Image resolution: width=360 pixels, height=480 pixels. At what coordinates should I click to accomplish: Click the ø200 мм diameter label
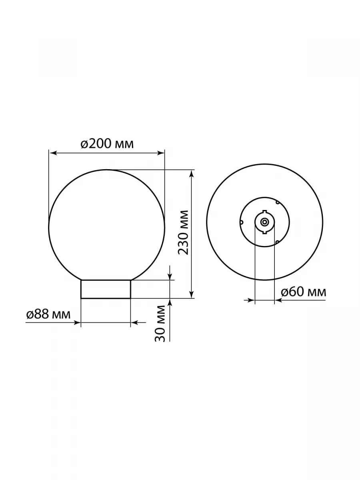point(107,144)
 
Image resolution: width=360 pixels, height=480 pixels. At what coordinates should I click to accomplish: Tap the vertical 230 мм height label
point(183,232)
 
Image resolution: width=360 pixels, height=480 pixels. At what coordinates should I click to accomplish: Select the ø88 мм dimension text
point(48,314)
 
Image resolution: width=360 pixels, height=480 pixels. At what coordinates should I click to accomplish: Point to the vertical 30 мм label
point(160,323)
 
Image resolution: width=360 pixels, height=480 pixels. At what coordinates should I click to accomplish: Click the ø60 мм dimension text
point(304,292)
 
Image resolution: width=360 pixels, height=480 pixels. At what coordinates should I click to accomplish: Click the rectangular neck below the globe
point(106,289)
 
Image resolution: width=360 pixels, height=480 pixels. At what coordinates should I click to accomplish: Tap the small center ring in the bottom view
point(264,222)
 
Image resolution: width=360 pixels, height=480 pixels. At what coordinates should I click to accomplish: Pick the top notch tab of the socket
point(264,212)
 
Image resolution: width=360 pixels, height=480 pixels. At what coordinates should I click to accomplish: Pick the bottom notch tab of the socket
point(264,232)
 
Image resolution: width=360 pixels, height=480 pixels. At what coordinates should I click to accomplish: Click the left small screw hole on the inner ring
point(241,222)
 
